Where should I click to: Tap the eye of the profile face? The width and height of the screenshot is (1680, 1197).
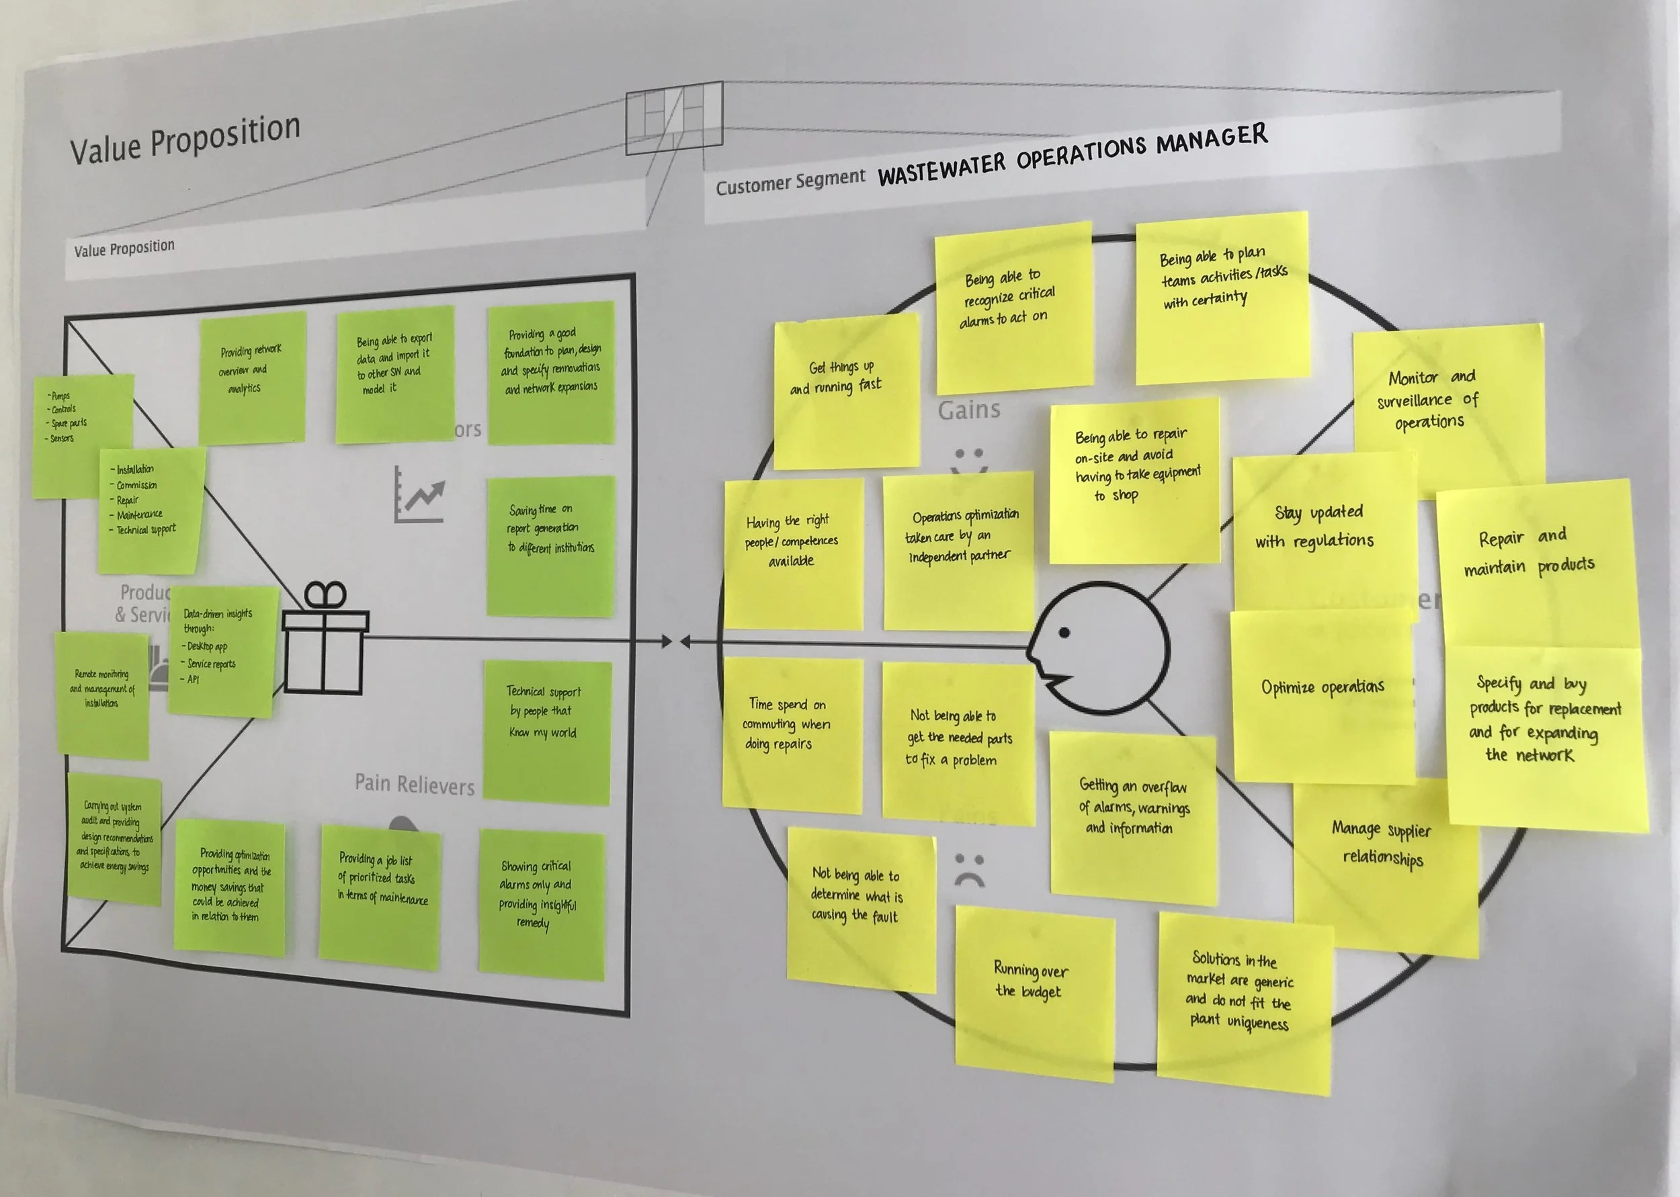coord(1064,632)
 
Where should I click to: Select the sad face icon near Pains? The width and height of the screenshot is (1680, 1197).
coord(970,870)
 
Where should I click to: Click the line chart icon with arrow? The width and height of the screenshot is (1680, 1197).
coord(419,495)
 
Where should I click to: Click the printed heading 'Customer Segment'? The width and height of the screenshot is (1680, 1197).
coord(790,182)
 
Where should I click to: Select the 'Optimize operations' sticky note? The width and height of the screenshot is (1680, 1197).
coord(1322,693)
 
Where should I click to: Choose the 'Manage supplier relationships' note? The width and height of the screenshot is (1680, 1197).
coord(1384,855)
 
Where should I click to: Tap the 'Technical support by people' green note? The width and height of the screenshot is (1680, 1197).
coord(546,729)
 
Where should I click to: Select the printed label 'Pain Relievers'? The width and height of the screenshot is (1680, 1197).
coord(414,785)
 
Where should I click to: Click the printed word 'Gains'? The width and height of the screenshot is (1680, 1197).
coord(968,410)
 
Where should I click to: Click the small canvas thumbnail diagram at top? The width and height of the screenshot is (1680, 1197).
coord(674,118)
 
